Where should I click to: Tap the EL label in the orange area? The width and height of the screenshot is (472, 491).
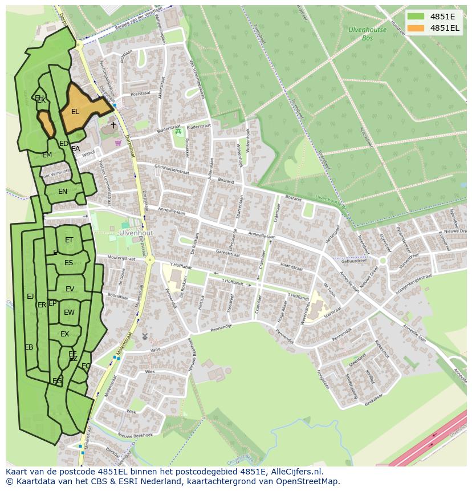[x=75, y=112]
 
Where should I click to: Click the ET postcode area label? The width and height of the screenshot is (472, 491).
[x=69, y=240]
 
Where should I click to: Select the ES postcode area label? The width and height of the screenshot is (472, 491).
[x=68, y=263]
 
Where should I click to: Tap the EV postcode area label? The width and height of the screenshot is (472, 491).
[x=70, y=289]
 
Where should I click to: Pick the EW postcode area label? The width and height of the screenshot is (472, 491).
[x=69, y=313]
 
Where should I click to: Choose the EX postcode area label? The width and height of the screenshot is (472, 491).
[x=64, y=334]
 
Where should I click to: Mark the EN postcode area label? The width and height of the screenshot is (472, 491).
[x=63, y=192]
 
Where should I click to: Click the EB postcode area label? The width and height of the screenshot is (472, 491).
[x=29, y=347]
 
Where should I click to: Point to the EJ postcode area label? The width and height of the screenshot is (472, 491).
[x=30, y=296]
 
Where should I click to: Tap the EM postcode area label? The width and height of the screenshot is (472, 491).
[x=47, y=155]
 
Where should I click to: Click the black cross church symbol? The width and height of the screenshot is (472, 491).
[x=113, y=124]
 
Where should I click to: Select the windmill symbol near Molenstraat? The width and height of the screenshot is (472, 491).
[x=144, y=337]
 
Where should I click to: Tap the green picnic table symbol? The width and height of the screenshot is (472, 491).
[x=178, y=132]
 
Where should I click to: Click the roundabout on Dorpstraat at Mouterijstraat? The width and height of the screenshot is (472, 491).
[x=150, y=260]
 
